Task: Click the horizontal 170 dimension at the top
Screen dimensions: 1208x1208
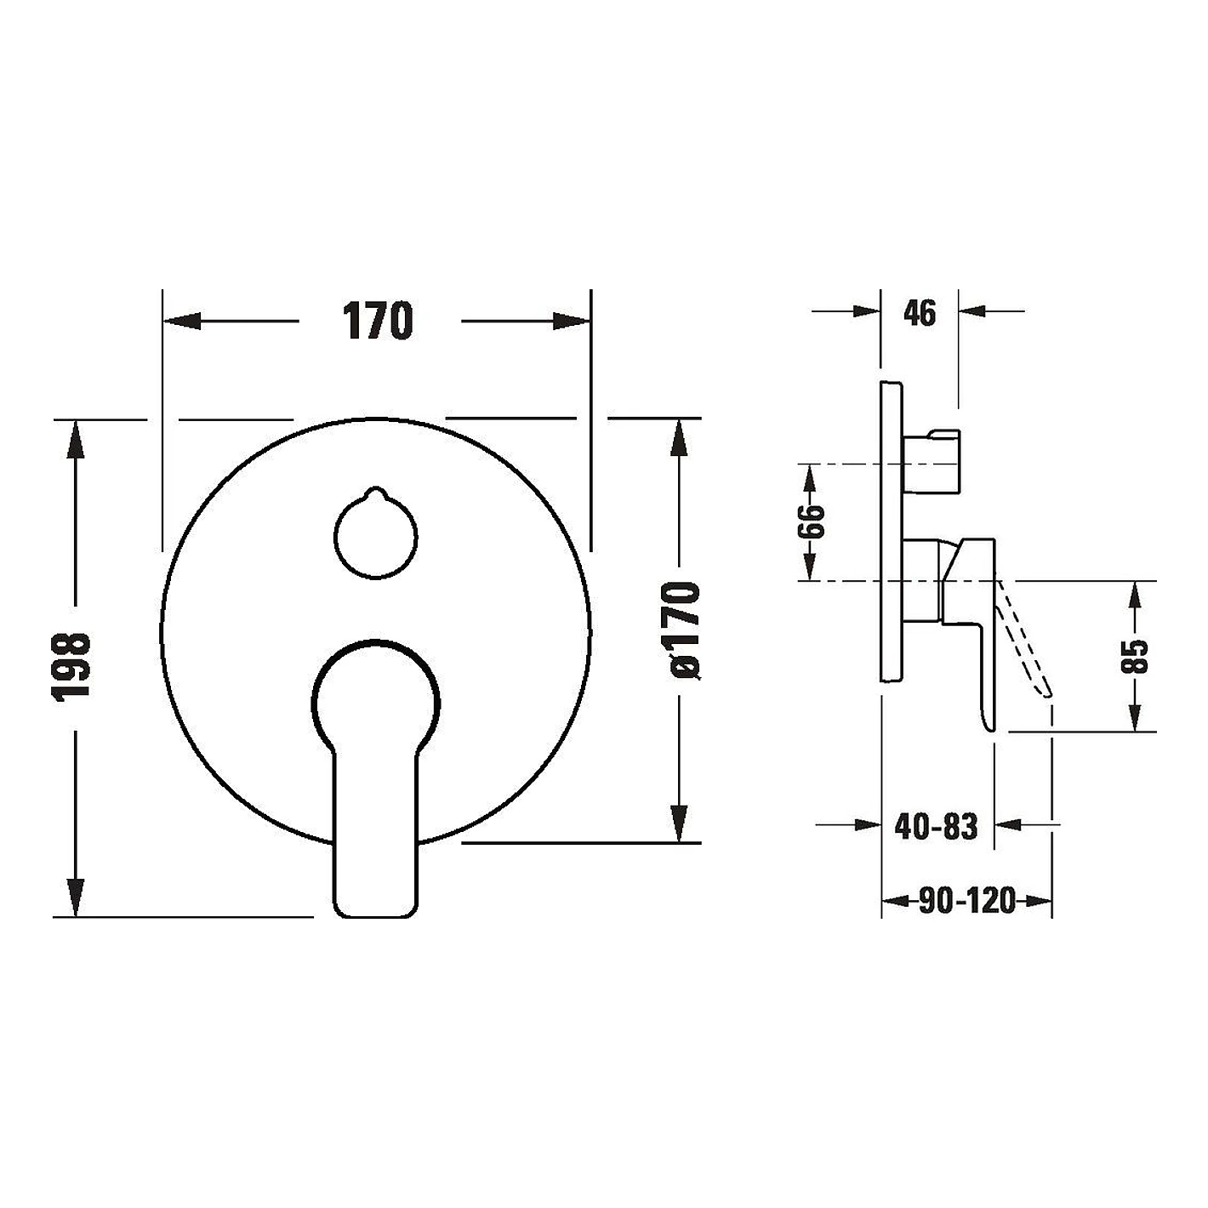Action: [x=378, y=321]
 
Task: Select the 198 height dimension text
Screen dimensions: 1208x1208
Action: [x=71, y=666]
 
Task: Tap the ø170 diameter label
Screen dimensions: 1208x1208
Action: [x=681, y=630]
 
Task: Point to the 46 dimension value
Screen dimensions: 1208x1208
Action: [x=919, y=313]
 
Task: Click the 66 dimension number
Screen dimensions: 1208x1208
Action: [x=812, y=521]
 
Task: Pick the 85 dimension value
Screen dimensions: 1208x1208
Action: [x=1134, y=656]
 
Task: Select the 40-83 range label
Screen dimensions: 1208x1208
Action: [x=936, y=826]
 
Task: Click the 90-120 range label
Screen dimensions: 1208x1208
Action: [x=966, y=901]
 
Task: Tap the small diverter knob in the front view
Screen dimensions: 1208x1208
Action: [x=375, y=535]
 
